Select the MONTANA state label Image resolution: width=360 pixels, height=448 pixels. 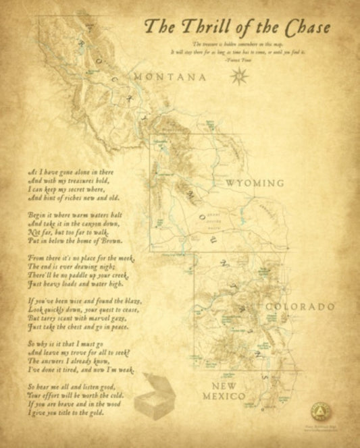pos(170,78)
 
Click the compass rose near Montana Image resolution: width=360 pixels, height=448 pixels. pos(237,77)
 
